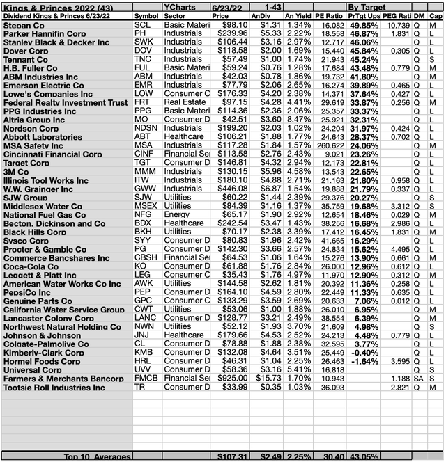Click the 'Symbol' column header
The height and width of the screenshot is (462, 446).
click(x=146, y=15)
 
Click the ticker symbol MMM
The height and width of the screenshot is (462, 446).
click(x=145, y=171)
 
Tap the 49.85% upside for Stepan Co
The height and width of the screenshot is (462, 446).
click(x=364, y=24)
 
